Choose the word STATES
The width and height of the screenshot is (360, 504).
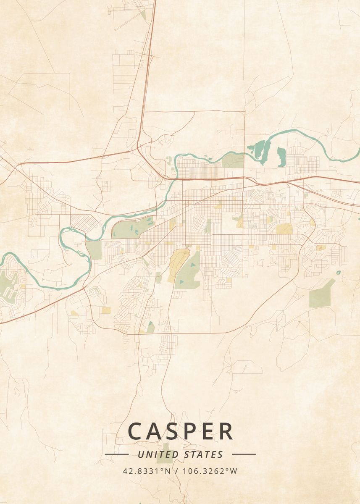click(x=204, y=454)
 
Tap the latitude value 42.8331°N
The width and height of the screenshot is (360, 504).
click(x=147, y=471)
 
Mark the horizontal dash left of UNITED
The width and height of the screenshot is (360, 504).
click(x=116, y=454)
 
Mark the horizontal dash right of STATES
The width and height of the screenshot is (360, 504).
click(x=244, y=454)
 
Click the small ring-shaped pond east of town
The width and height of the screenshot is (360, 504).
click(x=339, y=273)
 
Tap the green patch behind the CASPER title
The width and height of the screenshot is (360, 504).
click(x=168, y=446)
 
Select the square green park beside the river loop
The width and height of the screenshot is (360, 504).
click(x=94, y=250)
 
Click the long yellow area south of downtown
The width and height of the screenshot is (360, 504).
click(x=178, y=262)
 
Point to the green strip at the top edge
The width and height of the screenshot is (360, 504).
click(x=143, y=16)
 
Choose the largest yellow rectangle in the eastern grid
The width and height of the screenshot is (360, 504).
click(x=284, y=228)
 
